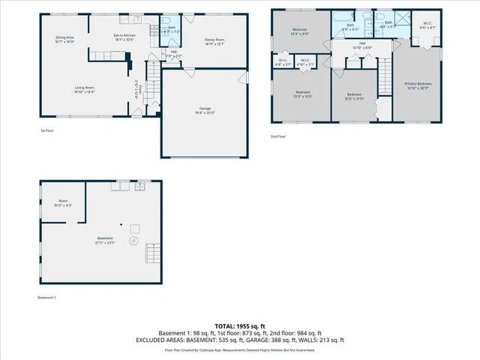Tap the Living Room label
point(84,89)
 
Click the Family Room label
point(215,40)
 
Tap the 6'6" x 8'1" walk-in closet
point(427,25)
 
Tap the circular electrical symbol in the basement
point(133,241)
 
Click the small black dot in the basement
point(121,224)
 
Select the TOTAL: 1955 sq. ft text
point(239,326)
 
